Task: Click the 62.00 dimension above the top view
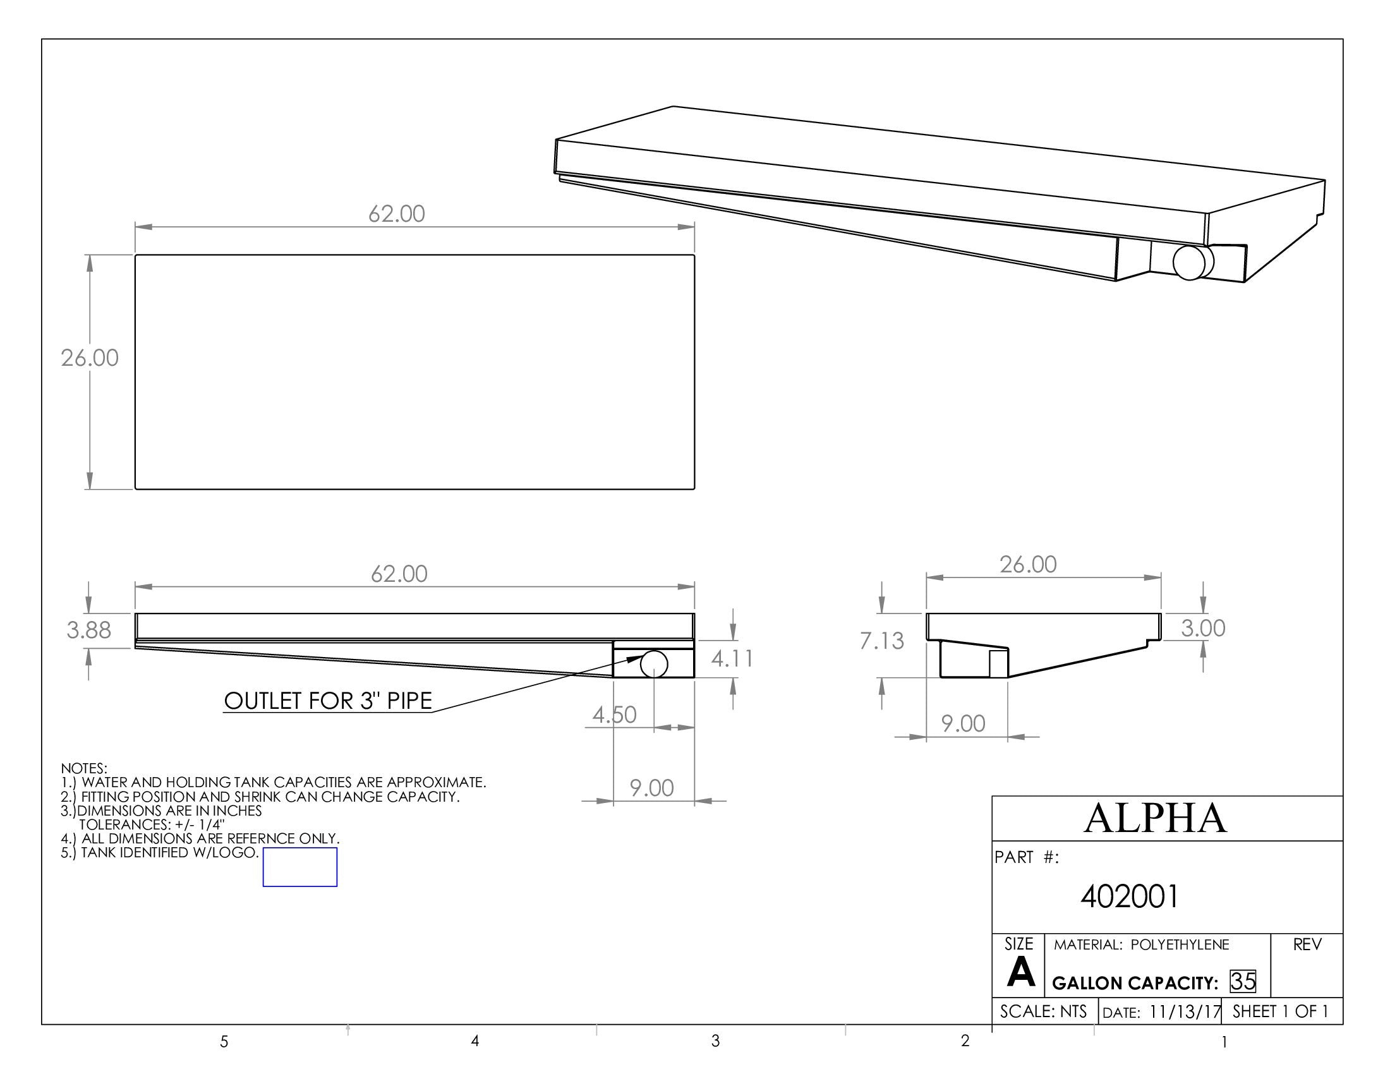click(x=397, y=214)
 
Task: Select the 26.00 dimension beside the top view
click(x=90, y=358)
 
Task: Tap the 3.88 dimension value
click(x=89, y=630)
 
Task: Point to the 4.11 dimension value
click(x=732, y=658)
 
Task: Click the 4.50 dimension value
click(x=614, y=715)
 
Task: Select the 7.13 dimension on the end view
click(x=881, y=641)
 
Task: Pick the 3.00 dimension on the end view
click(x=1203, y=628)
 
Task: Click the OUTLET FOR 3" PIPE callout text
click(x=328, y=701)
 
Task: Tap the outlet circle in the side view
click(x=654, y=664)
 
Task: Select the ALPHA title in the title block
click(x=1154, y=818)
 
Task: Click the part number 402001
click(x=1130, y=896)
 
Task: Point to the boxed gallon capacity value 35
click(x=1243, y=982)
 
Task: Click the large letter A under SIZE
click(x=1021, y=973)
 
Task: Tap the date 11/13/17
click(x=1185, y=1011)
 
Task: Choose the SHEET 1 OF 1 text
click(x=1281, y=1011)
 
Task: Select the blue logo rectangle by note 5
click(x=299, y=867)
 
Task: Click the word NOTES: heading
click(x=84, y=769)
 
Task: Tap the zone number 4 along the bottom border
click(x=474, y=1041)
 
